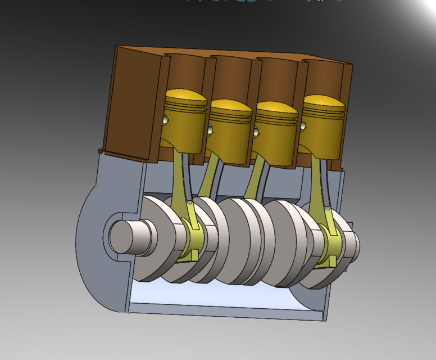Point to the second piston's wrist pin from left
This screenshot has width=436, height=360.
click(210, 130)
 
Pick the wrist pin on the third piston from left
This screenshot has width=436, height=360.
click(256, 132)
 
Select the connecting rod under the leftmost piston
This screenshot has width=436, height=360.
click(183, 180)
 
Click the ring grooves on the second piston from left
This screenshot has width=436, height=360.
click(230, 115)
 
